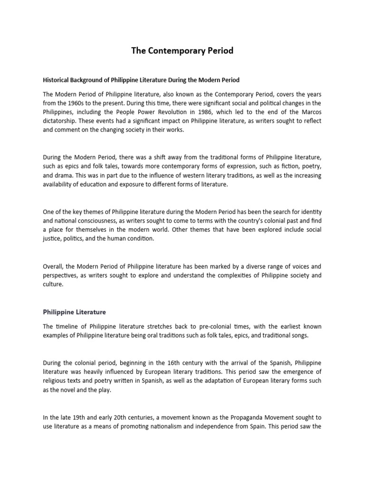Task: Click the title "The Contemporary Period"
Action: click(x=182, y=50)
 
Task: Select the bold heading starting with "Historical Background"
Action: click(x=141, y=79)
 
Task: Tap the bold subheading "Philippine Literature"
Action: click(x=75, y=312)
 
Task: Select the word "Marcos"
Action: click(x=310, y=112)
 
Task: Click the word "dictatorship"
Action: click(x=60, y=121)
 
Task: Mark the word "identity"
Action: click(x=309, y=211)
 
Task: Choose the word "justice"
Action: click(x=52, y=239)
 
